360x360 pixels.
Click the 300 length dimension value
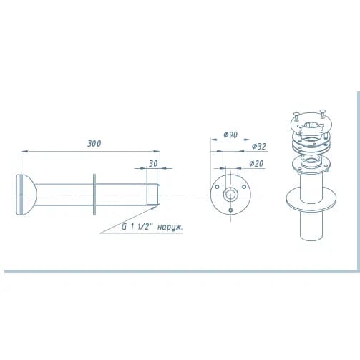tap(94, 144)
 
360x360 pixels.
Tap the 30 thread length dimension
tap(153, 164)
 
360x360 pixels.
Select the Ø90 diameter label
tap(230, 135)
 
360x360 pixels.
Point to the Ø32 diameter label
tap(259, 146)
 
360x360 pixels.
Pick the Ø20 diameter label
tap(256, 163)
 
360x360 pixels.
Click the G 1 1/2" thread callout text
tap(137, 227)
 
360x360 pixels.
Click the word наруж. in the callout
tap(170, 228)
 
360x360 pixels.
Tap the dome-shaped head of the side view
tap(26, 195)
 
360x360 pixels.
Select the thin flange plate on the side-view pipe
tap(94, 195)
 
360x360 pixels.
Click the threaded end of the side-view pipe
tap(153, 195)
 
